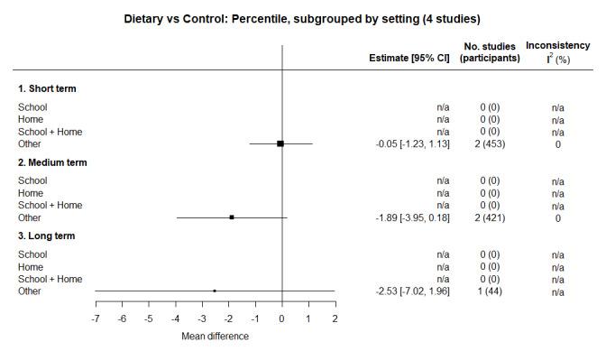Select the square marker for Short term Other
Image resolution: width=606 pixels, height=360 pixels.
[x=280, y=143]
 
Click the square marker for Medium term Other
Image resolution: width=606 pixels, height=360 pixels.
[x=232, y=217]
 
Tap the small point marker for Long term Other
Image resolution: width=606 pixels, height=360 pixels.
[x=215, y=291]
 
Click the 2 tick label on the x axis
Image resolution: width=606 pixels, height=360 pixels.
[x=335, y=320]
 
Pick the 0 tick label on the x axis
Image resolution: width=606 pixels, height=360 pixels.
[x=281, y=320]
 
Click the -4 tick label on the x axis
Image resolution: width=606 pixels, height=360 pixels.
[x=175, y=320]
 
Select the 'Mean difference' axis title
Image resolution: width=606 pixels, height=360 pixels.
[x=215, y=337]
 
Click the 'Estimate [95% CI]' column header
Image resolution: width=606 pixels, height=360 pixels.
[x=409, y=58]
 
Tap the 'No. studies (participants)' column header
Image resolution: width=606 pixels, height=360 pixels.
[x=490, y=52]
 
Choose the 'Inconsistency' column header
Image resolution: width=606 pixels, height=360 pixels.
[x=557, y=45]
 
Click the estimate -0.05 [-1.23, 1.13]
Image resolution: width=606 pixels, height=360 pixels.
[x=412, y=144]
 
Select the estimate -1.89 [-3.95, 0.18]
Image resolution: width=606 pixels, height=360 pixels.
[x=412, y=217]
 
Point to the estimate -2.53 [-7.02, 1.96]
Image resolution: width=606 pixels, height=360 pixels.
[x=412, y=291]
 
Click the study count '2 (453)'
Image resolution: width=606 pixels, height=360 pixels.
[x=490, y=144]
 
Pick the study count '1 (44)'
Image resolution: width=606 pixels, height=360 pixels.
[x=490, y=291]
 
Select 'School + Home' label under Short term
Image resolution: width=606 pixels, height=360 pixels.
[x=50, y=132]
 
